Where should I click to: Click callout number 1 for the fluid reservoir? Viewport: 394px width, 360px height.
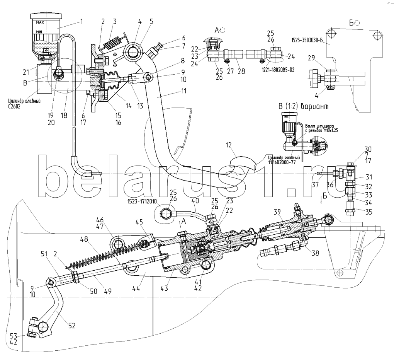tap(82, 22)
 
